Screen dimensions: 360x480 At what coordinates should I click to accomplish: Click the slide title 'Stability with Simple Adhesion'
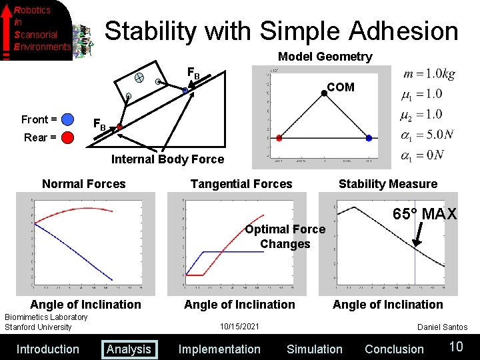coord(281,31)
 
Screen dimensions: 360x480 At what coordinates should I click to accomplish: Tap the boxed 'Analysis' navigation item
coord(129,349)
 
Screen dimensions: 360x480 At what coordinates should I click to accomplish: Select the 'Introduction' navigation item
coord(47,349)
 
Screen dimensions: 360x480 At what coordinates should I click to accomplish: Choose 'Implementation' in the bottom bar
coord(219,349)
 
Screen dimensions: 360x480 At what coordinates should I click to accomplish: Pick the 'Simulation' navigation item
coord(314,349)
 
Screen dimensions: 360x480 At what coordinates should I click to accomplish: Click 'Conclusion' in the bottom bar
coord(394,349)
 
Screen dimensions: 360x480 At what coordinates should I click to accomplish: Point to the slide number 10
coord(456,346)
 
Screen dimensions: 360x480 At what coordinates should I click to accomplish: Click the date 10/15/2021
coord(239,327)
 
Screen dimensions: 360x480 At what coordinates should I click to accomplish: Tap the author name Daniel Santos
coord(442,327)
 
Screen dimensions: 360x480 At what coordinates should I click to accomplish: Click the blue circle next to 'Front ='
coord(68,120)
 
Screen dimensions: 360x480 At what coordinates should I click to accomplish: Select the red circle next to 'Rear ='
coord(68,138)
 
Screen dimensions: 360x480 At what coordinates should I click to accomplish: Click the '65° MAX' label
coord(425,214)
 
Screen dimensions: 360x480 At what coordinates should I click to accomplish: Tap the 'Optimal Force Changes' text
coord(285,237)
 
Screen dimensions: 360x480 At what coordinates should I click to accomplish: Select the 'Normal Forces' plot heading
coord(83,184)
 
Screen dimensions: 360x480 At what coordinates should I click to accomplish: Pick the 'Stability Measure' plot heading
coord(388,184)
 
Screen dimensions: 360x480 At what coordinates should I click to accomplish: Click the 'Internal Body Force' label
coord(167,159)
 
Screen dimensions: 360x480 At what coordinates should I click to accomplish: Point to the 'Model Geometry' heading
coord(325,57)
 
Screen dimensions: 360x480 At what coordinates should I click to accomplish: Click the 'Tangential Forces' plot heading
coord(241,184)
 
